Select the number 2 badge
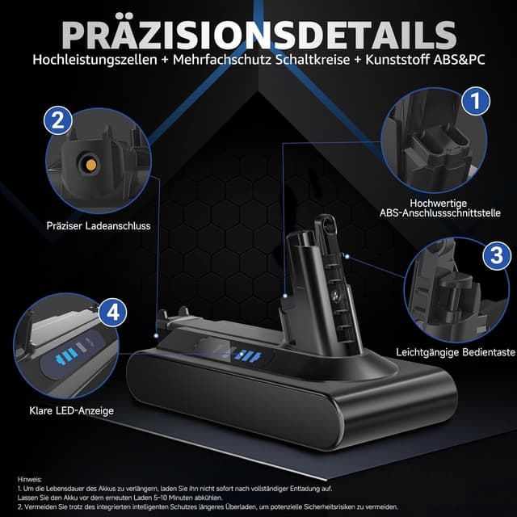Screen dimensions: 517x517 (56, 120)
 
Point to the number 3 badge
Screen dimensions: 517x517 (494, 256)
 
